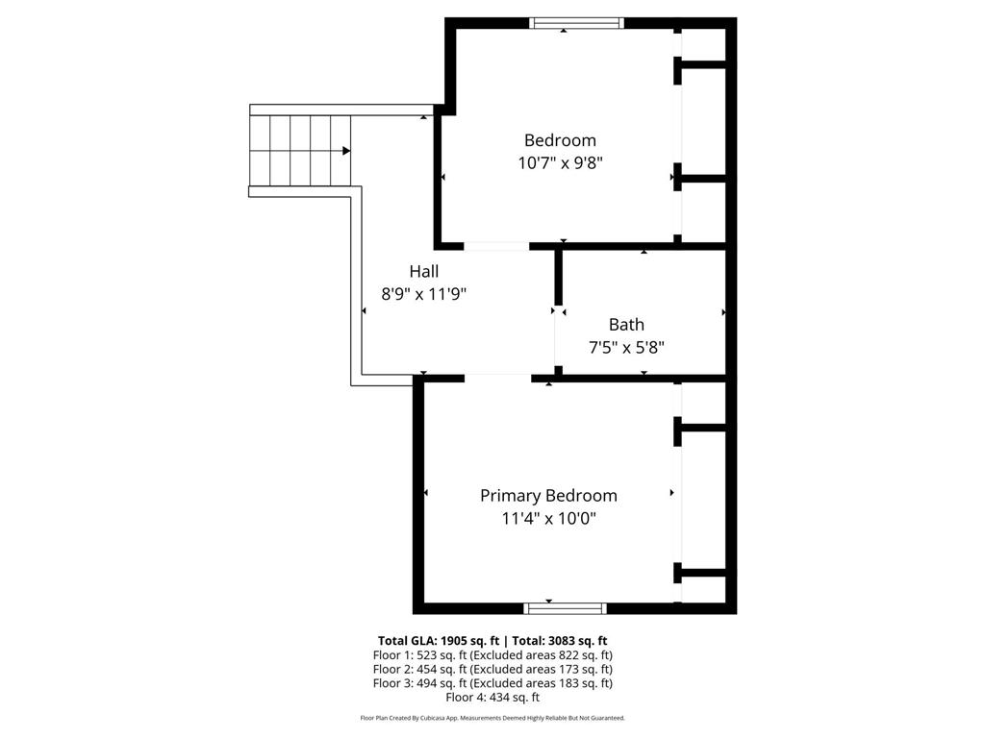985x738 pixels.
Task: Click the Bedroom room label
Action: pos(560,140)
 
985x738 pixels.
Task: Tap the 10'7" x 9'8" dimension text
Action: pos(560,163)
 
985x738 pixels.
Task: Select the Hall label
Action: pos(424,272)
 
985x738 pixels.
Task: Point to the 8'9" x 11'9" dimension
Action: pos(424,295)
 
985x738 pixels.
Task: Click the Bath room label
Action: pos(626,325)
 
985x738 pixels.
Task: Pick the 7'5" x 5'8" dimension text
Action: pos(626,348)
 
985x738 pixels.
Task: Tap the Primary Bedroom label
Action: pos(548,496)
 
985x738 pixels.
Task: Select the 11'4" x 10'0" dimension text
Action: pos(548,519)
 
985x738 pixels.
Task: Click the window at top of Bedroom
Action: pos(577,23)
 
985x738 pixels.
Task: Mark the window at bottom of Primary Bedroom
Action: pos(566,607)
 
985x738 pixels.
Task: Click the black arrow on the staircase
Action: pos(345,150)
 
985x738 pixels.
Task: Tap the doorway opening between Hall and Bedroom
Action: pos(496,246)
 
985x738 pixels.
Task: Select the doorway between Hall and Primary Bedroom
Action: pos(498,378)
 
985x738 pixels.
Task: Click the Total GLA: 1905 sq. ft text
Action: pos(437,640)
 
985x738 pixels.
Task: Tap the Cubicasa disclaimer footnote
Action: pos(492,718)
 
